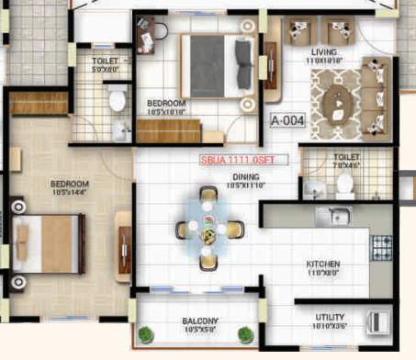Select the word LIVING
click(x=326, y=52)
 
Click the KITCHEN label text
click(x=323, y=264)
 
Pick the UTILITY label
click(x=331, y=317)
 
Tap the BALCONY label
click(x=199, y=321)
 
